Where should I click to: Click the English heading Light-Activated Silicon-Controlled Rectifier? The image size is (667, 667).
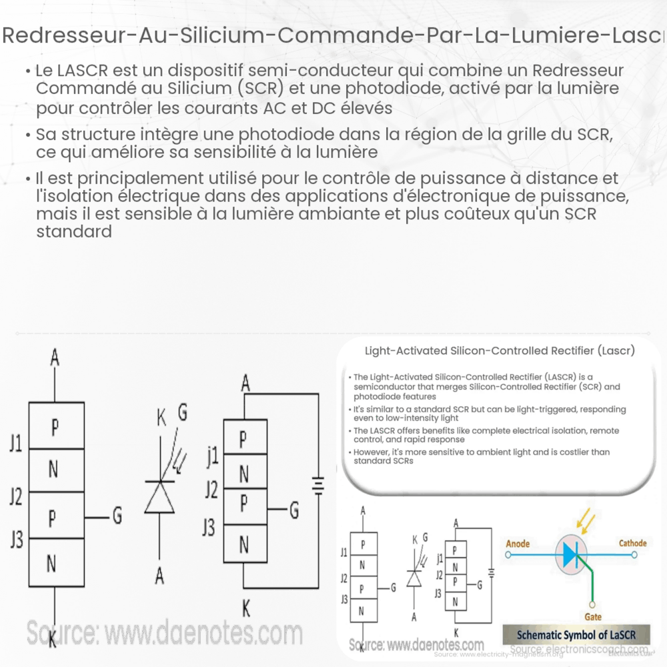point(500,350)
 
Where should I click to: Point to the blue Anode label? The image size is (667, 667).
point(517,544)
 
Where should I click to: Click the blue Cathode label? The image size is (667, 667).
point(632,543)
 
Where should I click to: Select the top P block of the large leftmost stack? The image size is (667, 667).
point(55,426)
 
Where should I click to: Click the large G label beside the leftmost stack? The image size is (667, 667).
point(117,516)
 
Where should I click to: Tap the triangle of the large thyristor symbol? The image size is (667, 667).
point(159,496)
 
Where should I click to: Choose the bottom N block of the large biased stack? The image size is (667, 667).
point(243,545)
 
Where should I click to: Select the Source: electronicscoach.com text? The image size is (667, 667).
point(578,649)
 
